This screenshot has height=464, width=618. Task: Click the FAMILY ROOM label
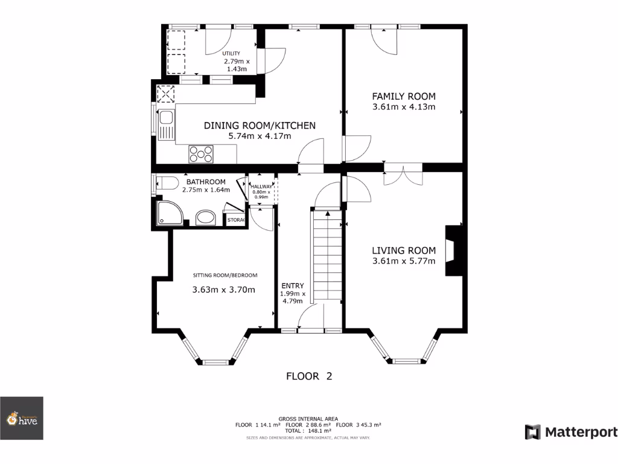403,96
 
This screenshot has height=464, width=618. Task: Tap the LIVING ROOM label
403,251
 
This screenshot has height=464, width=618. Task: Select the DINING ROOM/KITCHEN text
260,126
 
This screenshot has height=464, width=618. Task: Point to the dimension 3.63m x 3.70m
223,290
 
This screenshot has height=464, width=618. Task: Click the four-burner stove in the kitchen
201,154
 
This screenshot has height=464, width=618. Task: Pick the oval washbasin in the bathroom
206,218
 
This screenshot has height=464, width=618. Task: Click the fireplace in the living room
453,250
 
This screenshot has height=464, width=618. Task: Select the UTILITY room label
231,54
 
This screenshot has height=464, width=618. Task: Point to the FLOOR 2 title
309,376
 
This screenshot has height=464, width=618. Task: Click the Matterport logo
571,432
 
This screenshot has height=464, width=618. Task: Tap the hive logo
22,418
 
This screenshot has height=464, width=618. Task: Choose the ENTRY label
293,286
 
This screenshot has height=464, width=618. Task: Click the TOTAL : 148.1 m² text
308,430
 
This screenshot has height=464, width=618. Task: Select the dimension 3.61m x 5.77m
403,262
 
